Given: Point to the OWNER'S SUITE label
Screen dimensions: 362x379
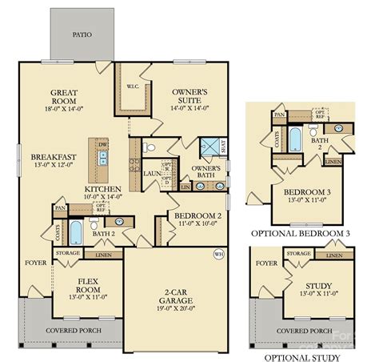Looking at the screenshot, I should point(189,98).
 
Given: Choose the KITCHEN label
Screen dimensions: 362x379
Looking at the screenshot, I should point(103,189).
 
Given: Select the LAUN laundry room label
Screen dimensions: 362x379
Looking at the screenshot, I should point(151,172).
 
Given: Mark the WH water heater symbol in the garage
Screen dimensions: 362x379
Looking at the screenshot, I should point(218,255).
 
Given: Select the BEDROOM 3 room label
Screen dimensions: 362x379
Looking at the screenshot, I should point(302,193).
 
